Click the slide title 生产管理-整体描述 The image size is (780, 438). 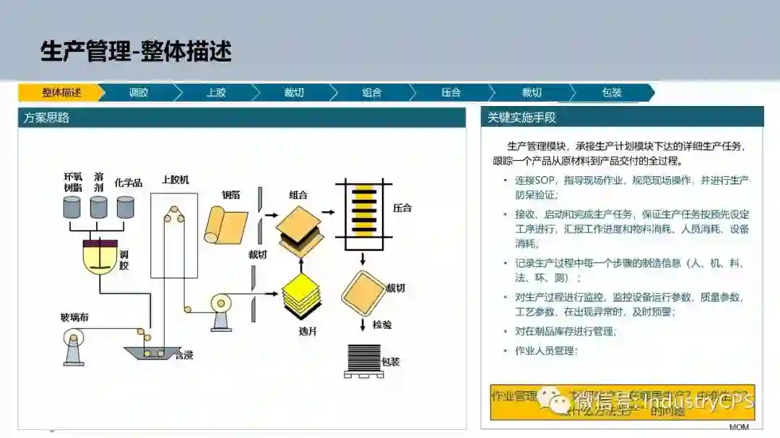click(x=136, y=51)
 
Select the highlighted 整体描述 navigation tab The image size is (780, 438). click(x=61, y=92)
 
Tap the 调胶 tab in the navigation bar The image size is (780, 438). click(x=139, y=92)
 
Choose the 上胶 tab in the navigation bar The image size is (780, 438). click(x=216, y=92)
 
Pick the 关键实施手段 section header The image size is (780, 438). click(x=521, y=118)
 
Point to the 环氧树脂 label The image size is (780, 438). click(x=73, y=182)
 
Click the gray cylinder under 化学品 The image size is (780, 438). click(x=126, y=207)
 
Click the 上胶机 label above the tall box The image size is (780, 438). click(x=175, y=180)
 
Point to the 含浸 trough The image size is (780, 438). click(x=153, y=353)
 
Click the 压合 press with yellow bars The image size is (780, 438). click(x=365, y=209)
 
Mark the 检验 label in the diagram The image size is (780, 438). click(x=382, y=325)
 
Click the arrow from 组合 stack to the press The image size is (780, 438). click(x=328, y=212)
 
